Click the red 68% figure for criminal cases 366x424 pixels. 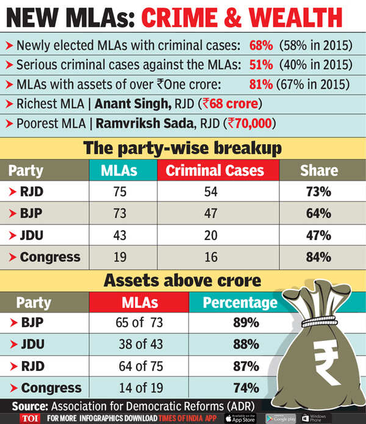(x=260, y=46)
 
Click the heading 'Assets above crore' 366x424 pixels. (x=184, y=280)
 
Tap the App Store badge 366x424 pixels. (x=240, y=418)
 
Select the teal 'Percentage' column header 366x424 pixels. (x=240, y=302)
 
